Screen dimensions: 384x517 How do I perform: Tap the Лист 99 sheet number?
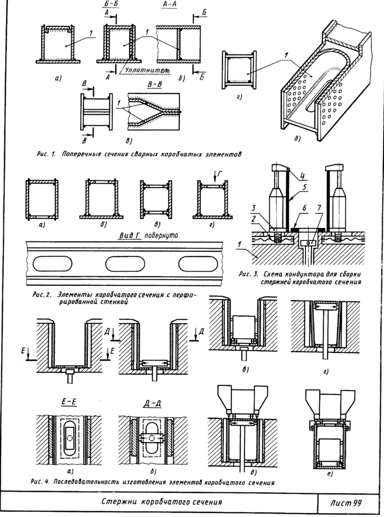pos(345,503)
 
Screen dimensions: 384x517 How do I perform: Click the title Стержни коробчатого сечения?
pos(161,502)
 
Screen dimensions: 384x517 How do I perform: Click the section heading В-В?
pos(154,84)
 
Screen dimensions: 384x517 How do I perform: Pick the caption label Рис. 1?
pos(45,154)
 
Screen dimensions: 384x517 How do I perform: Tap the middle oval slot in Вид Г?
pos(125,264)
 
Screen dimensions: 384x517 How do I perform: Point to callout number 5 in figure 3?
pos(304,187)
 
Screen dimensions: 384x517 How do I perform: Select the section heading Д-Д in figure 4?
pos(152,403)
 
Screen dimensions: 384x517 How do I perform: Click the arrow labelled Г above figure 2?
pos(215,177)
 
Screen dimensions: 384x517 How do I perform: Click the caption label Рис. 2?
pos(42,295)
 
